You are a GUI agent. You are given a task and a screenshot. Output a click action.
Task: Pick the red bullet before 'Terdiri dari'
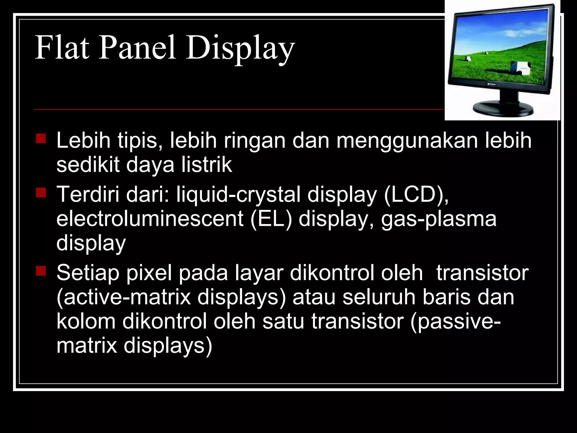click(41, 193)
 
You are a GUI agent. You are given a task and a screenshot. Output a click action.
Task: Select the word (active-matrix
click(124, 297)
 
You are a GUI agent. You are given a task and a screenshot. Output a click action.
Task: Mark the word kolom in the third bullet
click(86, 321)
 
